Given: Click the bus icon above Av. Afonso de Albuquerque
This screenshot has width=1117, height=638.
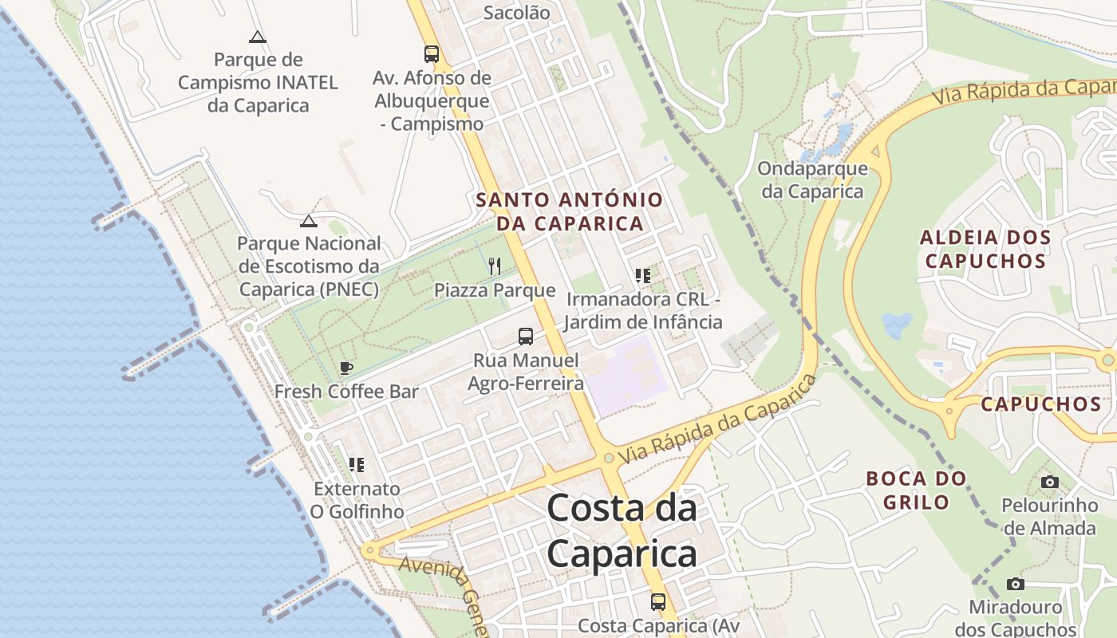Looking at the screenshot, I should pos(432,54).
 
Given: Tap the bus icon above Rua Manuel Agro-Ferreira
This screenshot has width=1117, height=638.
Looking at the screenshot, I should pos(525,337).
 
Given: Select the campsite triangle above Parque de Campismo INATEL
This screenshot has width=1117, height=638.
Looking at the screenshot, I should pos(257,37).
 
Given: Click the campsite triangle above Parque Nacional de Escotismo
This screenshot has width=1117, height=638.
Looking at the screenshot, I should pos(309,221).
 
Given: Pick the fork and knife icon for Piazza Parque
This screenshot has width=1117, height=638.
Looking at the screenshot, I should pos(495,266).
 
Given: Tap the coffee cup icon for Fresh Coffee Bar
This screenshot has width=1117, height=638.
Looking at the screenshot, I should pos(345,368).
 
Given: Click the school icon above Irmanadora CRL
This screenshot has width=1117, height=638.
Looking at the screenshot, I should pos(643,276).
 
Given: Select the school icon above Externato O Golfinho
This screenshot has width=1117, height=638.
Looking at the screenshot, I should pos(356,464).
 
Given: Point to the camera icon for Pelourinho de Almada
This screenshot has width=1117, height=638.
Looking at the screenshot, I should pos(1050,482).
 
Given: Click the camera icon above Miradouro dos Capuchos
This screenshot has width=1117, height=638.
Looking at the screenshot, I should pos(1015,584).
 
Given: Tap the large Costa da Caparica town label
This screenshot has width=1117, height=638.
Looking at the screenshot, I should pos(622,530).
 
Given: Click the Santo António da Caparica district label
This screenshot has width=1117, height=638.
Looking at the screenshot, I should pos(570,211).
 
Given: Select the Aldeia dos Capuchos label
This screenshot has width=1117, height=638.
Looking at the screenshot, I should pos(985,249).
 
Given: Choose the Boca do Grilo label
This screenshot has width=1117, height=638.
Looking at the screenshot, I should pos(917,490).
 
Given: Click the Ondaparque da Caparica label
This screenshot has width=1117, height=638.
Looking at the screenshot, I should pos(812,180).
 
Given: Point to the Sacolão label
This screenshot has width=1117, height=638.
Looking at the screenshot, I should pos(517,13).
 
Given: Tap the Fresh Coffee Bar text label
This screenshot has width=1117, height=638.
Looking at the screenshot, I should pos(346,392).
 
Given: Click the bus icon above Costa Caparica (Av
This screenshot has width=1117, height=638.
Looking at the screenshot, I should pos(657,601).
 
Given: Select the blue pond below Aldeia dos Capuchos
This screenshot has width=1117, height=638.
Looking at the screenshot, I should pos(897,325).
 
